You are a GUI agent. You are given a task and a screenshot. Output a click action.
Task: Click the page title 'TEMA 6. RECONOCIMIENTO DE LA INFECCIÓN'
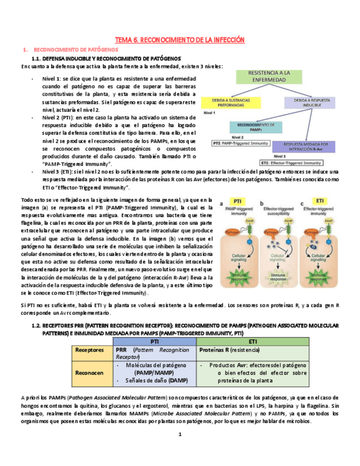click(x=179, y=40)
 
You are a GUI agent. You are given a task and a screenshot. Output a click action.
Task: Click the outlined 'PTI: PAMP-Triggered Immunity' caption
click(x=241, y=143)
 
